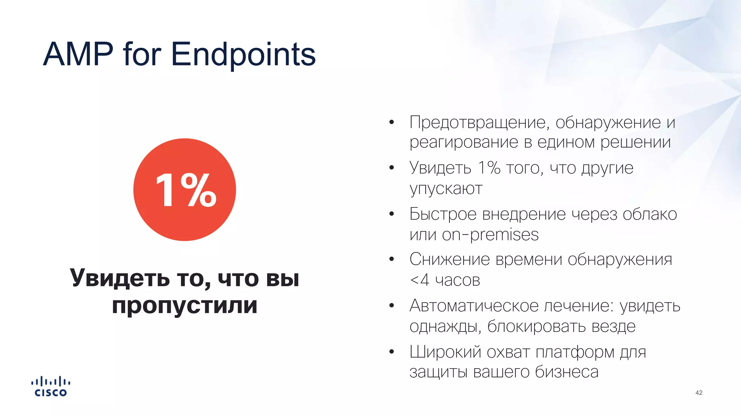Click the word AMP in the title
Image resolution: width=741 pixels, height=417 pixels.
(x=78, y=54)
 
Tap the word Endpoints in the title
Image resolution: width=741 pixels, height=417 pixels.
(x=243, y=54)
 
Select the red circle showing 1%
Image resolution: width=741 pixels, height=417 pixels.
(x=185, y=190)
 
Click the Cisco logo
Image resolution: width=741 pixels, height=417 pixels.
(x=51, y=387)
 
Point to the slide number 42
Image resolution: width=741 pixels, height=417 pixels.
(x=699, y=393)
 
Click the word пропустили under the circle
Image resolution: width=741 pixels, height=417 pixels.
(x=185, y=305)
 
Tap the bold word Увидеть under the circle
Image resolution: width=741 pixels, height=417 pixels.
(x=119, y=278)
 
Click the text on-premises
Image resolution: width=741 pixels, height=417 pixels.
(x=490, y=235)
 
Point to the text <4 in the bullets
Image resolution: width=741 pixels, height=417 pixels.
(x=419, y=280)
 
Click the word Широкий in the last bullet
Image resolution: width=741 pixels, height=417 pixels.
(x=445, y=352)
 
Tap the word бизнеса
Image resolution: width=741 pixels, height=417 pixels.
(x=567, y=372)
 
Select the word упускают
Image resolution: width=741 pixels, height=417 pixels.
(x=446, y=189)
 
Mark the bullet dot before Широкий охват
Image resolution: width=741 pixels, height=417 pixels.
(x=391, y=351)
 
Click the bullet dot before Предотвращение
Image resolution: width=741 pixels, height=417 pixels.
(x=391, y=122)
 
